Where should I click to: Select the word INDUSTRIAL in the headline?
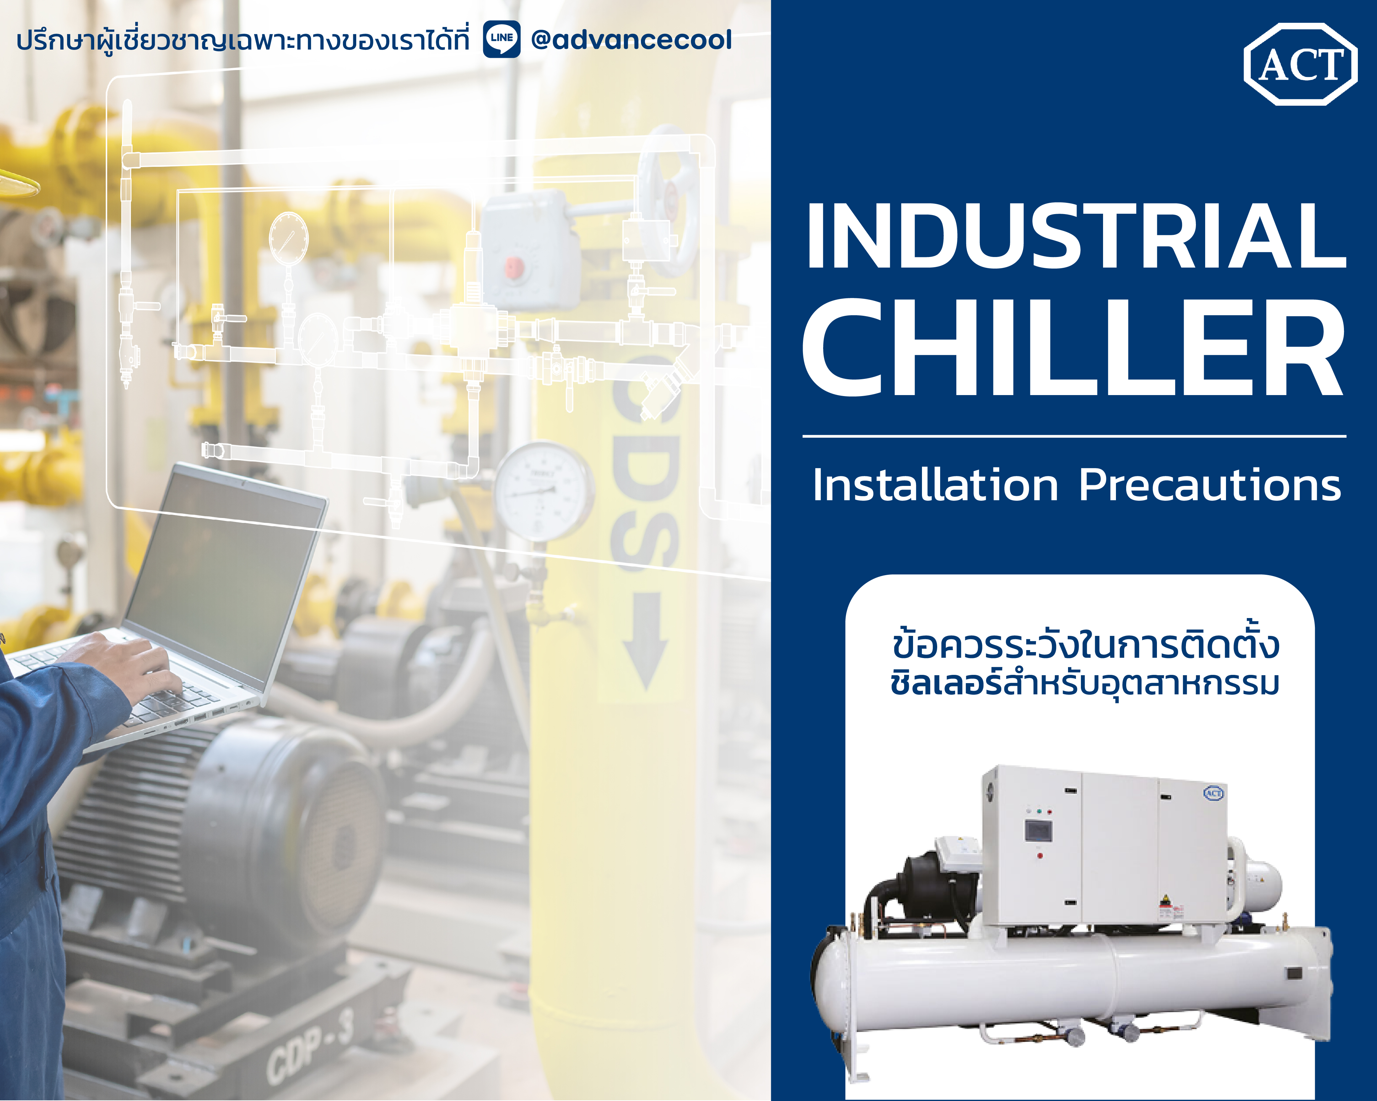pos(1077,236)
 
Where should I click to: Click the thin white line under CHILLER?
pos(1074,436)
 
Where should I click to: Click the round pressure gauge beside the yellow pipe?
pos(543,492)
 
